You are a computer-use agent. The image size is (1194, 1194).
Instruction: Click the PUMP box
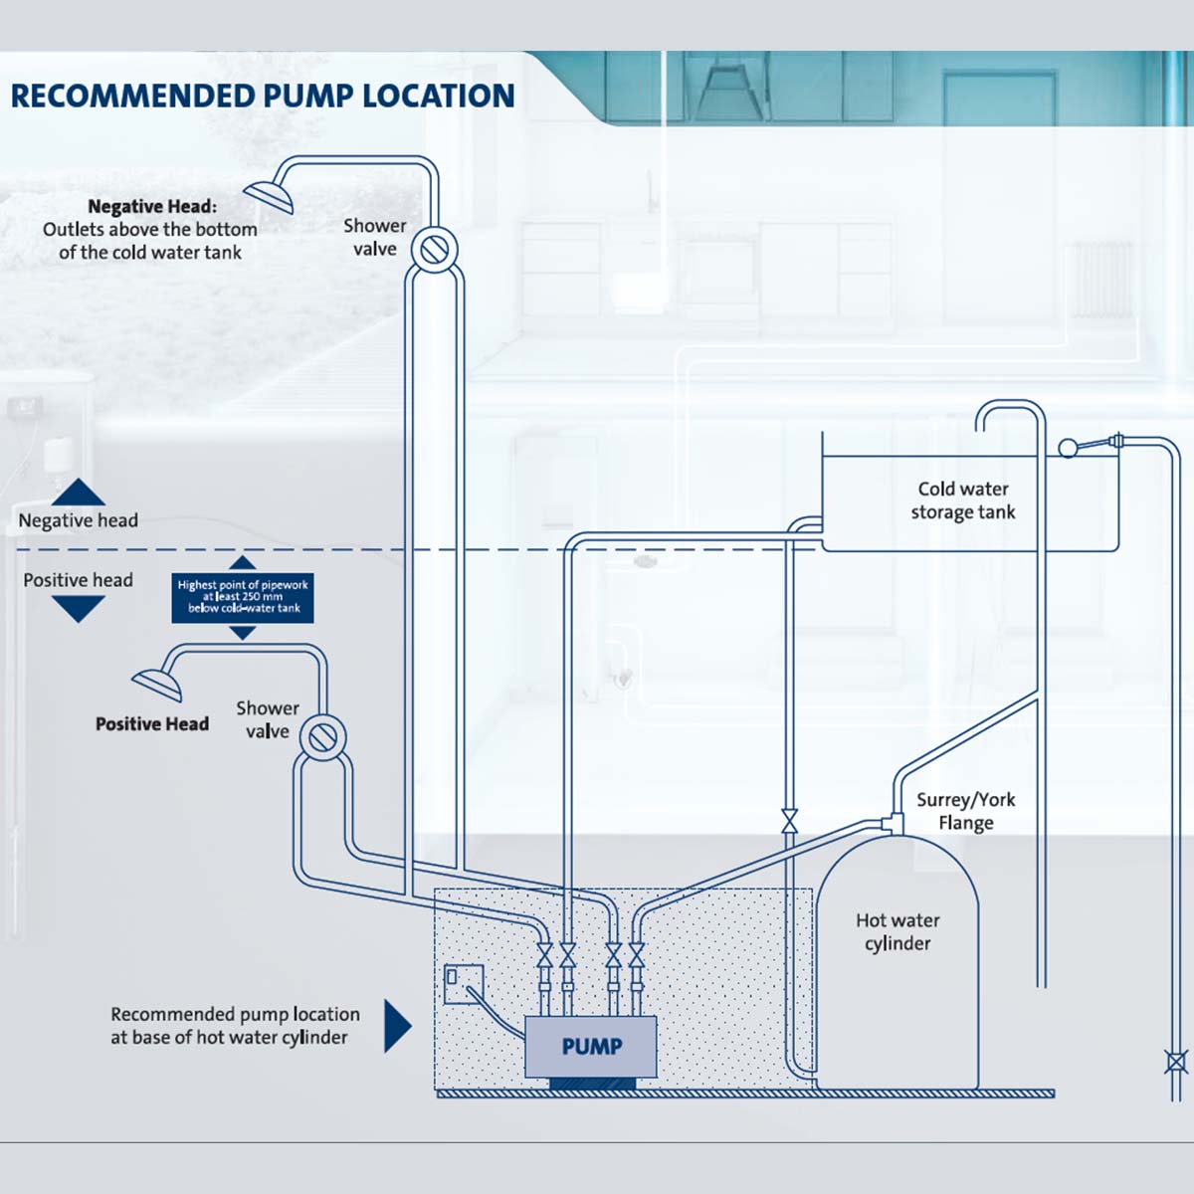(591, 1046)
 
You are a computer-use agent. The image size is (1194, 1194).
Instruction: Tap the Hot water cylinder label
(897, 931)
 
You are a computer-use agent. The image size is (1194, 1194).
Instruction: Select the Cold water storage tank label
(963, 500)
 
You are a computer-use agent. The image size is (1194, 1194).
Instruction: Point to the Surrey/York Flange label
(965, 811)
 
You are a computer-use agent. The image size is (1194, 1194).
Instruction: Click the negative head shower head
(271, 196)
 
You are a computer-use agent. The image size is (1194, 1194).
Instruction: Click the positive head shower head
(158, 685)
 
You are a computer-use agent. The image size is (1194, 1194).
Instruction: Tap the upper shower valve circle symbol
(435, 248)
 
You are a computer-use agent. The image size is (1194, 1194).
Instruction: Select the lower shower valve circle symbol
(322, 736)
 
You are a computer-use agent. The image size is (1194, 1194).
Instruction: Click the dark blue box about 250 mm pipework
(243, 597)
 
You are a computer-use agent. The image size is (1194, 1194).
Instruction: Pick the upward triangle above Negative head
(79, 492)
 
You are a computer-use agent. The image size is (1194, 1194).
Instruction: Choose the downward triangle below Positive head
(79, 607)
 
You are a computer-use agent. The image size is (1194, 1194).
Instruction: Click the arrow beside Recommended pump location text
(397, 1026)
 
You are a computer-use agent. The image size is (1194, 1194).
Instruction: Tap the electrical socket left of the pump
(463, 983)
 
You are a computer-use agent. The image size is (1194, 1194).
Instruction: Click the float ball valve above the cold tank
(1069, 448)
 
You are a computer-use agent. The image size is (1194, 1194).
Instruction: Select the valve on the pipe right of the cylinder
(1176, 1062)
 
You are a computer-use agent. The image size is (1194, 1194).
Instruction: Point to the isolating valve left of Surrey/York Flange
(790, 821)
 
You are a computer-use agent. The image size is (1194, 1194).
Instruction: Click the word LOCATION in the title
(438, 97)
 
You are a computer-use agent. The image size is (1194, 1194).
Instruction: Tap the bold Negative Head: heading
(151, 206)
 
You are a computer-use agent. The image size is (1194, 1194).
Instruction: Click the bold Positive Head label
(151, 724)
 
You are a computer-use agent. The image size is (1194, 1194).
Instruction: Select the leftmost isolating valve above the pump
(544, 956)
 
